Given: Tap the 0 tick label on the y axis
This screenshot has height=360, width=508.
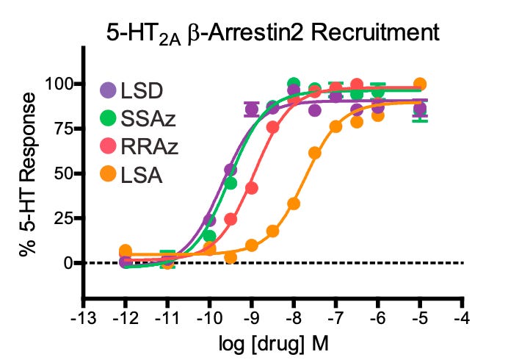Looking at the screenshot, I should pyautogui.click(x=66, y=262).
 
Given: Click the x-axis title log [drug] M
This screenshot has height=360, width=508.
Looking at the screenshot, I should pyautogui.click(x=272, y=344).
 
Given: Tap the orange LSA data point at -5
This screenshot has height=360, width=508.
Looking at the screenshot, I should pyautogui.click(x=420, y=84).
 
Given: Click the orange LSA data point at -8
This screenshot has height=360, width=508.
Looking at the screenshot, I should pyautogui.click(x=294, y=204).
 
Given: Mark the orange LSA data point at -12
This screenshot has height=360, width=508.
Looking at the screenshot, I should pyautogui.click(x=125, y=251).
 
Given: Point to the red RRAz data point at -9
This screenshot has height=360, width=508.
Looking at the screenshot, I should pyautogui.click(x=252, y=188).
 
